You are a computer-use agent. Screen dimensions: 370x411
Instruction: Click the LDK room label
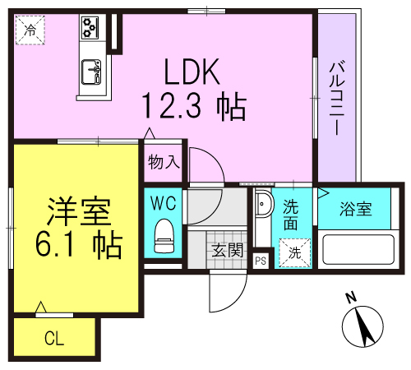[x=193, y=74]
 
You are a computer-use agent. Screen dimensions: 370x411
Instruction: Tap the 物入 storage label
[x=164, y=162]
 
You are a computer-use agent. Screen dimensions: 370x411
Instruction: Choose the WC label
[x=164, y=200]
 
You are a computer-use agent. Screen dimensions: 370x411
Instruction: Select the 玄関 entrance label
[x=226, y=249]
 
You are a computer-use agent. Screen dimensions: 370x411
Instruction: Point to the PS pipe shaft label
[x=261, y=261]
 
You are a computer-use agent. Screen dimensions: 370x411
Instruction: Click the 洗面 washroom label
[x=291, y=215]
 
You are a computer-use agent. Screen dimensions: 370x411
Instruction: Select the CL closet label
[x=54, y=337]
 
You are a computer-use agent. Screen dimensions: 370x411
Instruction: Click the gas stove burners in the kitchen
[x=90, y=29]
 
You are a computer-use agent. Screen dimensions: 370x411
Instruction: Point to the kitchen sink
[x=90, y=75]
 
